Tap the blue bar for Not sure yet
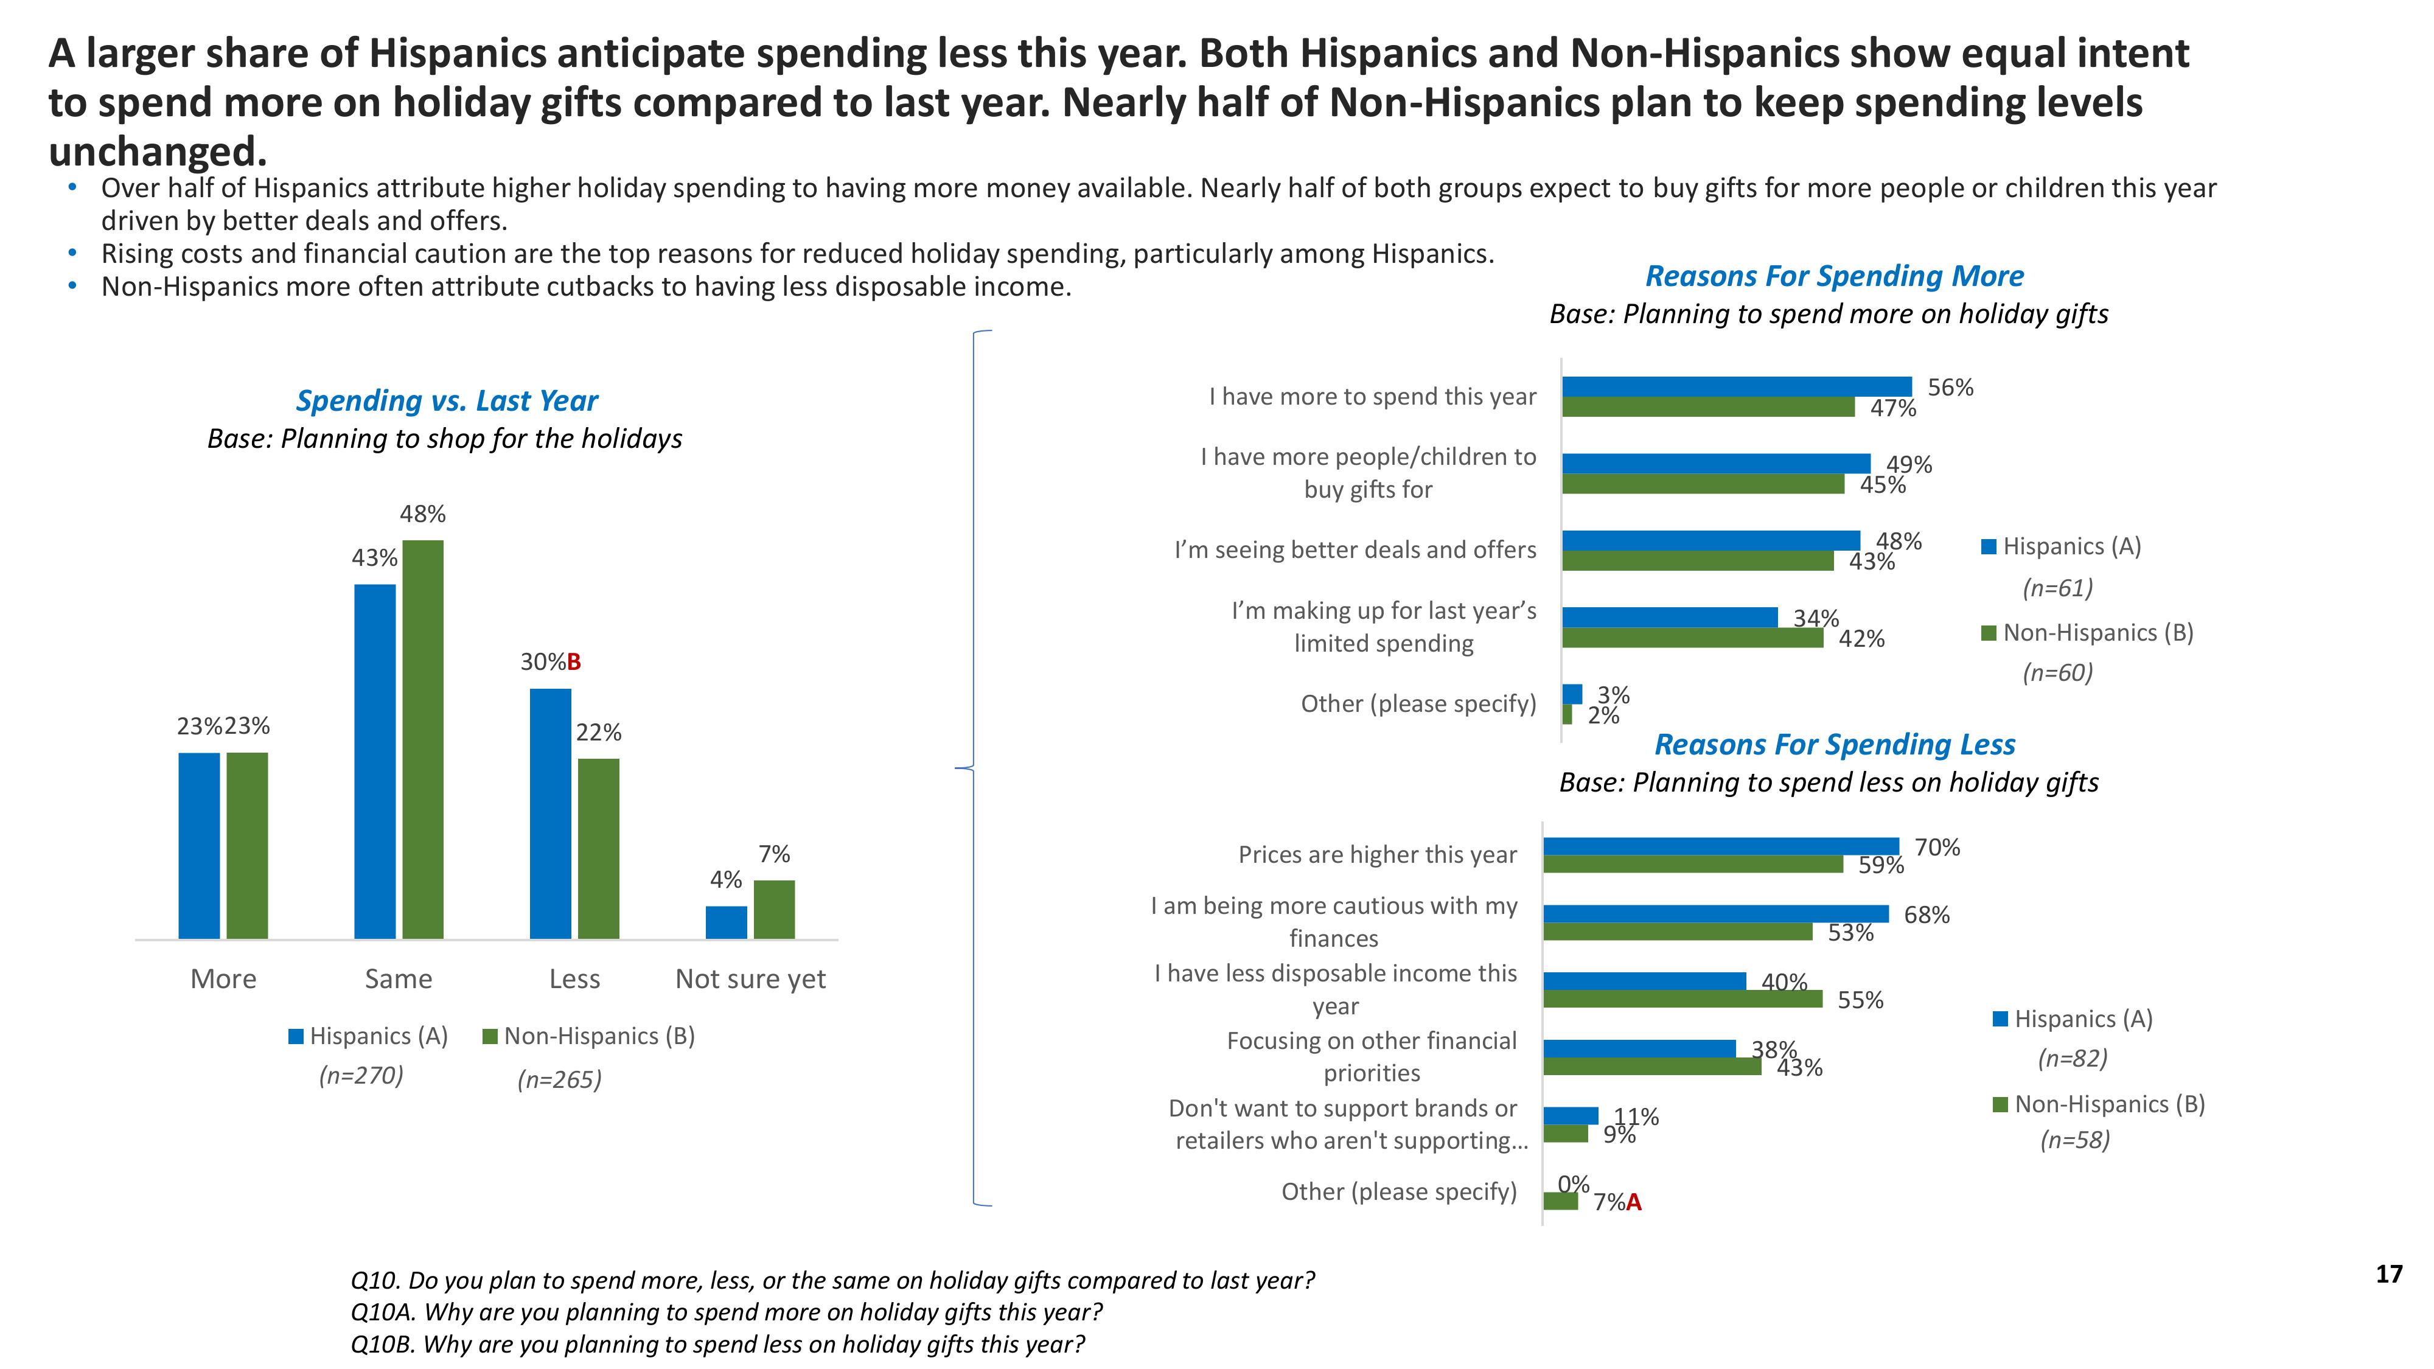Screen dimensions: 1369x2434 726,922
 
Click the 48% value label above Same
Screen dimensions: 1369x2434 422,514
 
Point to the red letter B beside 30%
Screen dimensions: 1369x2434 574,663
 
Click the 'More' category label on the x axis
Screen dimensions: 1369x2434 223,979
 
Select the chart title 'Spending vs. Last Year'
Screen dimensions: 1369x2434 447,400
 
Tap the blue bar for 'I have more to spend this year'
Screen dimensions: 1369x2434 1737,386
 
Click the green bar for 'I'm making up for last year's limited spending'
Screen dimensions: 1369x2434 1692,638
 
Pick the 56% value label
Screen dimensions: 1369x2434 1950,388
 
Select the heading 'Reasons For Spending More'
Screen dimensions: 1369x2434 1834,276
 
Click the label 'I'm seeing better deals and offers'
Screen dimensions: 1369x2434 1355,550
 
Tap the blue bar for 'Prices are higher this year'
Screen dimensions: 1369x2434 1721,846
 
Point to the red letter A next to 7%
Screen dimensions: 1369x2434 1634,1203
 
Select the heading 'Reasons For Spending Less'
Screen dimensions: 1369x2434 1834,745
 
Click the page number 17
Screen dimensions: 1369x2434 2388,1275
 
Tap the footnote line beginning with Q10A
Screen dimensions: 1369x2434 726,1312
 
